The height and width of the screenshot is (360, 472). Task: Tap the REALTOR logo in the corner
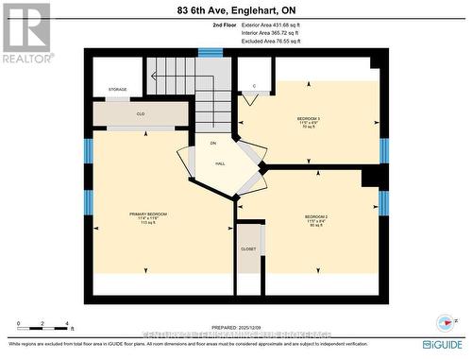25,32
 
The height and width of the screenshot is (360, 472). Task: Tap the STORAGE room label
117,89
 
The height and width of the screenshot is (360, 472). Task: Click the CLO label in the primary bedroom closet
140,113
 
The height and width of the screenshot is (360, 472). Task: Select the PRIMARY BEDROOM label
148,216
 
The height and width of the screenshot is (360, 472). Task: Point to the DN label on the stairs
212,143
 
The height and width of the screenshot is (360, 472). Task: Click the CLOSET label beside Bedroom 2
248,249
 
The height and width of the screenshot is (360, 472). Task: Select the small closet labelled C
254,86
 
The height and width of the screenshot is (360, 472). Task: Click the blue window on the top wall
210,53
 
